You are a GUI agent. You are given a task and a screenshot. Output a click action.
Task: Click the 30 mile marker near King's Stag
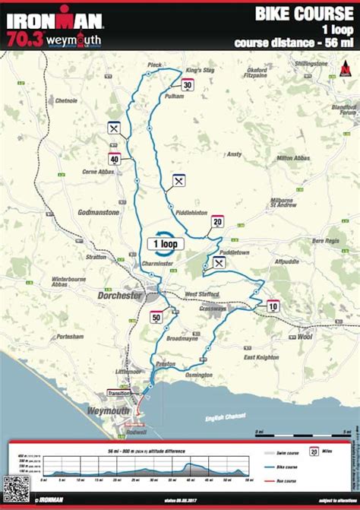coord(188,86)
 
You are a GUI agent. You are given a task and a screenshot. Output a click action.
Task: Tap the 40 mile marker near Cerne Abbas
coord(114,160)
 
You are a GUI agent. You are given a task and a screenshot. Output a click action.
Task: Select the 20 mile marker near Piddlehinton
coord(217,222)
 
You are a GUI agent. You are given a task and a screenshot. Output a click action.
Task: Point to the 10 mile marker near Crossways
coord(273,306)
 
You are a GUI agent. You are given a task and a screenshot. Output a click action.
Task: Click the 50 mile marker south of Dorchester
coord(156,318)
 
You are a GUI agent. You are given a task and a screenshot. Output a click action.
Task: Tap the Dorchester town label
coord(120,295)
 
